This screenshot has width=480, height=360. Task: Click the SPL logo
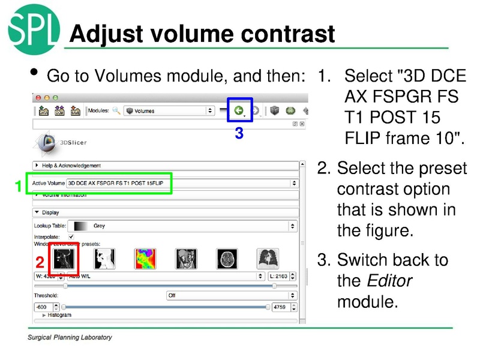click(x=34, y=28)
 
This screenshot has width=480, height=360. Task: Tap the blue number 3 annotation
click(x=239, y=134)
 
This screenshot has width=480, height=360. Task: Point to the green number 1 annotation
click(x=19, y=187)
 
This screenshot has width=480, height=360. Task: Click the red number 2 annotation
click(x=40, y=262)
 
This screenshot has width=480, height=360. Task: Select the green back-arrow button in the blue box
click(x=239, y=110)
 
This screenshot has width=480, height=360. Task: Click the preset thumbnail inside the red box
click(x=64, y=259)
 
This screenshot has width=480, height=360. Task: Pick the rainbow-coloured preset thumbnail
click(x=145, y=259)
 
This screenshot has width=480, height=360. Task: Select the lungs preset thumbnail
click(x=268, y=259)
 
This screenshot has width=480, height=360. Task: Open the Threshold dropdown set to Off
click(x=232, y=295)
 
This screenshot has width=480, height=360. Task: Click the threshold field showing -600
click(x=46, y=307)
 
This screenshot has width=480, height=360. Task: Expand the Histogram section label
click(x=59, y=315)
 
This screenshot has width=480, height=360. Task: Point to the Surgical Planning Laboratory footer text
click(x=70, y=337)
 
